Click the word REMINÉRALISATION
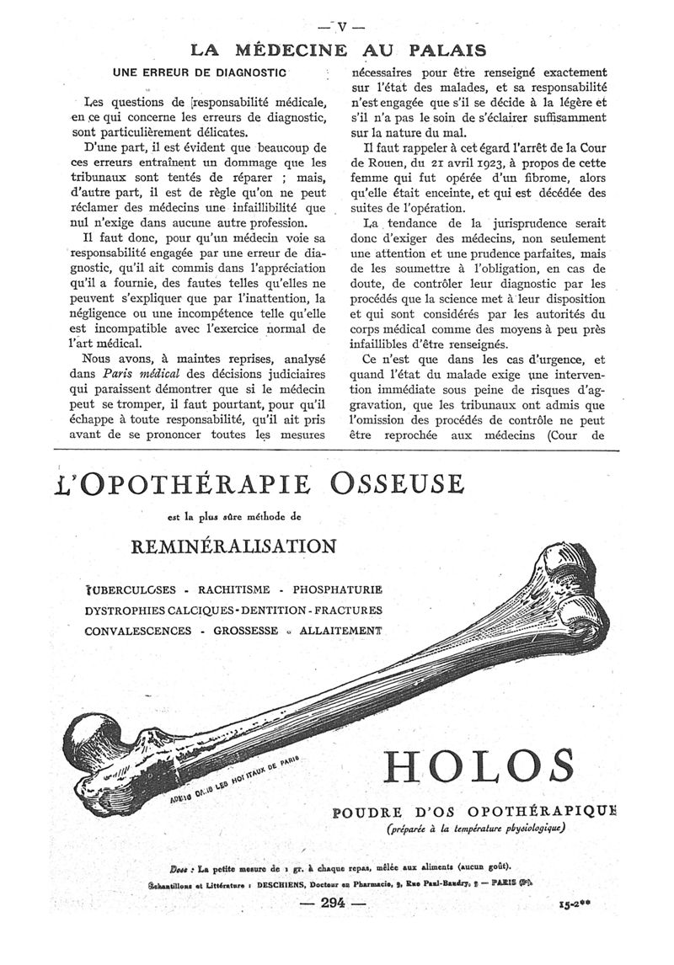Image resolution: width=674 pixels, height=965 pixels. pyautogui.click(x=234, y=545)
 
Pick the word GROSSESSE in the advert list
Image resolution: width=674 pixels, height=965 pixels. pyautogui.click(x=249, y=630)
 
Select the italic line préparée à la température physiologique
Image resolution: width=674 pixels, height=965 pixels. pyautogui.click(x=475, y=829)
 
